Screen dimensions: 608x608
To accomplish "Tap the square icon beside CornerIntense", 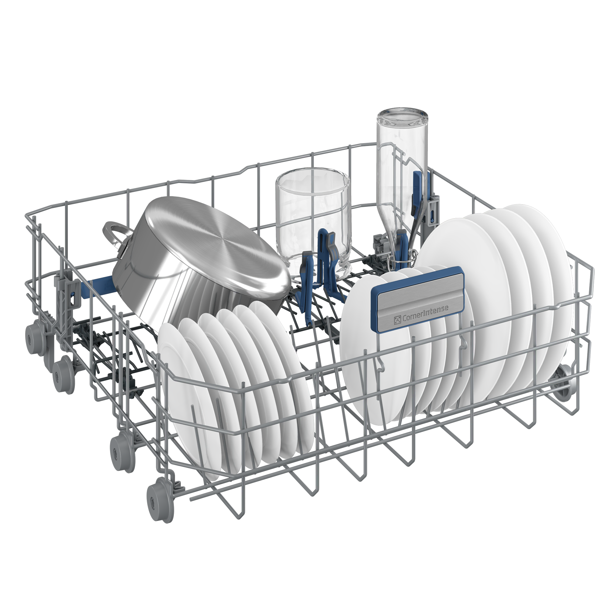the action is click(x=397, y=320).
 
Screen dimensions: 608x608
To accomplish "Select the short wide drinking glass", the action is click(x=312, y=223).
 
